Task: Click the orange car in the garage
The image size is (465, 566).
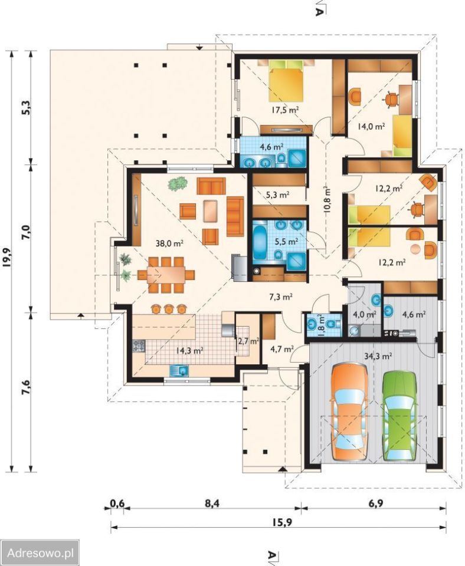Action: [x=349, y=412]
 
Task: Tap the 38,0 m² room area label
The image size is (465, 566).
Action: [x=169, y=243]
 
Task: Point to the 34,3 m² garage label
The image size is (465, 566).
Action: [x=378, y=357]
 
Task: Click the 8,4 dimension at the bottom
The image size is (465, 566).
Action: [x=212, y=503]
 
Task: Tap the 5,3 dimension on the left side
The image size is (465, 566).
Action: [x=27, y=107]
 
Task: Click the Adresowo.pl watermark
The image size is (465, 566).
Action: [x=41, y=552]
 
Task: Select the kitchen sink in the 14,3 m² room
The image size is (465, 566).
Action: [x=179, y=370]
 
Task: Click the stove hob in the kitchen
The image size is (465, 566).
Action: [x=139, y=346]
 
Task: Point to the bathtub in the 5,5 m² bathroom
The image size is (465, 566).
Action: [x=259, y=241]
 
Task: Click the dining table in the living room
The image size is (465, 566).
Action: [x=165, y=275]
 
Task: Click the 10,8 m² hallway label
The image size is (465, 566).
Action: [x=328, y=200]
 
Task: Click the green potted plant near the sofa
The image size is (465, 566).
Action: [x=178, y=183]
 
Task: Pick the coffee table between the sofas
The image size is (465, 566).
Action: [x=211, y=211]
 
